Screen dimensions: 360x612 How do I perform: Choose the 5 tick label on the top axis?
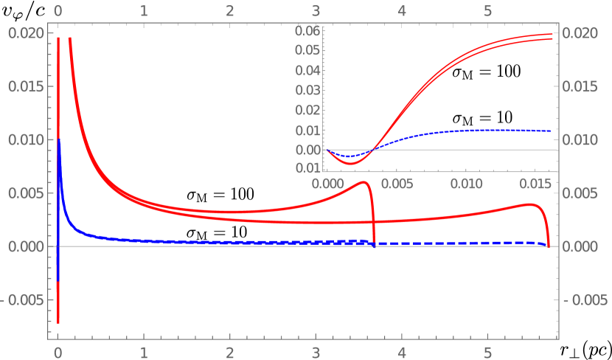click(487, 12)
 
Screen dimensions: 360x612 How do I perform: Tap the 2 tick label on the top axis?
click(230, 12)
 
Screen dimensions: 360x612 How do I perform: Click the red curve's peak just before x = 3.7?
click(364, 182)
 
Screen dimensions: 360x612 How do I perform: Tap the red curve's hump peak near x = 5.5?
click(530, 204)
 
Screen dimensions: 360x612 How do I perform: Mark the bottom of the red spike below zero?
click(58, 322)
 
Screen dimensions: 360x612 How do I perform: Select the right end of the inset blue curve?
click(552, 131)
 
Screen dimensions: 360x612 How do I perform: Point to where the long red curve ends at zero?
click(548, 245)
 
